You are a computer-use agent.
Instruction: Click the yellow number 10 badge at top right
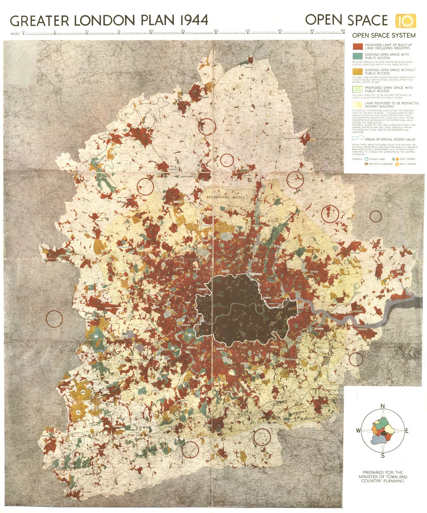406,21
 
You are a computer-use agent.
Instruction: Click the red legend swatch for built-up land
358,46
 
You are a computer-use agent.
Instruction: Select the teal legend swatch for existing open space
358,56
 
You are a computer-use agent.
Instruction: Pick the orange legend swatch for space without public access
358,71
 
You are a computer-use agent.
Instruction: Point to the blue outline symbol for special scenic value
358,139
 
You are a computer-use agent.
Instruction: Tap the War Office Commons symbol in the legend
366,164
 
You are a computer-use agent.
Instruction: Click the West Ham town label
267,298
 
